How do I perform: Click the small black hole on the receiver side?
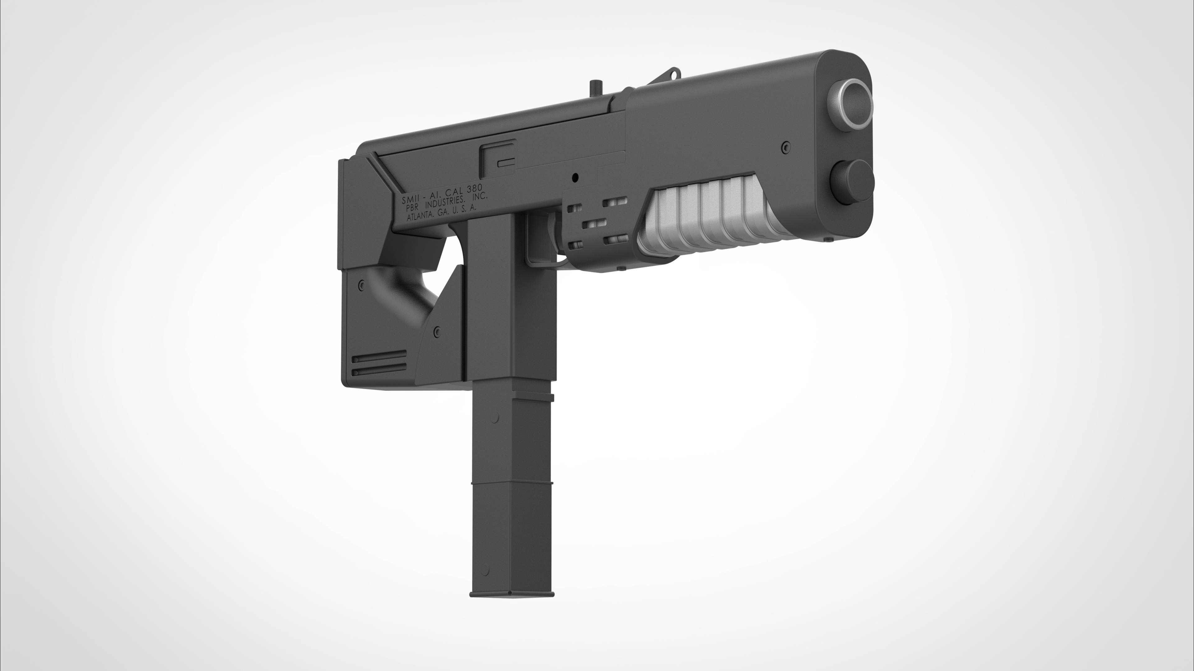tap(575, 177)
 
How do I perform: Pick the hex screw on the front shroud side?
tap(785, 147)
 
